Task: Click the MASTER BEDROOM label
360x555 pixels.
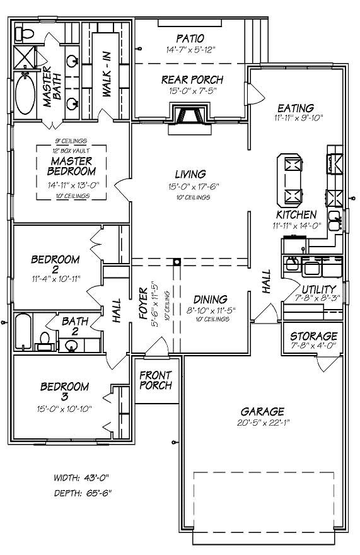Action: click(x=73, y=166)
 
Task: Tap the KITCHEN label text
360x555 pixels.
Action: click(x=296, y=215)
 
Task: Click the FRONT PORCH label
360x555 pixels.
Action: click(x=155, y=380)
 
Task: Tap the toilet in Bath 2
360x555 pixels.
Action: click(x=44, y=341)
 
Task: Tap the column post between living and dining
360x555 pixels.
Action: click(x=178, y=260)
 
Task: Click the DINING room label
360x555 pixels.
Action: click(x=211, y=300)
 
